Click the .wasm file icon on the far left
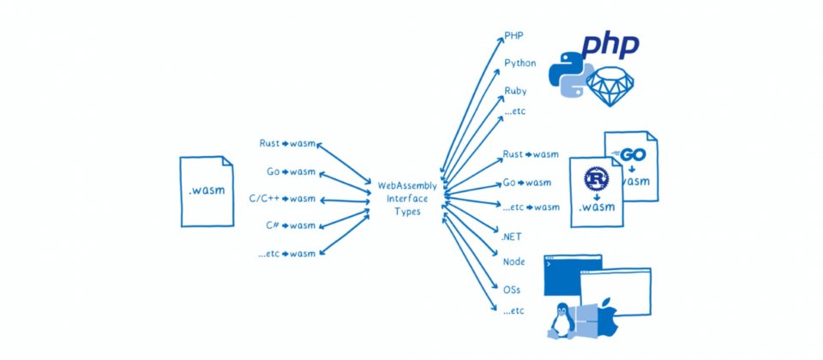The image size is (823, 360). [x=207, y=191]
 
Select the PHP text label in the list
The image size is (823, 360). [x=514, y=37]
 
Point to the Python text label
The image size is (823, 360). [x=520, y=63]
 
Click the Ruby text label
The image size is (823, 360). [x=515, y=91]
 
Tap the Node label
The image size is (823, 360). [x=514, y=261]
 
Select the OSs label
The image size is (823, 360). [x=512, y=289]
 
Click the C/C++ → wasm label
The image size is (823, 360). [x=282, y=199]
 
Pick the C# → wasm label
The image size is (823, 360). [x=291, y=225]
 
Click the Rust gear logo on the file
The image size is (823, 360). [x=596, y=178]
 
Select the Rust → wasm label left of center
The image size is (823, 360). [x=287, y=144]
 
